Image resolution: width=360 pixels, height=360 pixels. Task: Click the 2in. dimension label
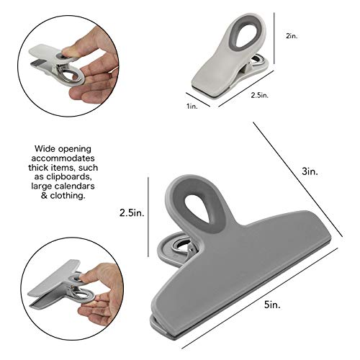(292, 36)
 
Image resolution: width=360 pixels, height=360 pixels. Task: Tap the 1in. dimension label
(192, 106)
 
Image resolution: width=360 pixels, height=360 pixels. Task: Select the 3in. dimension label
(310, 171)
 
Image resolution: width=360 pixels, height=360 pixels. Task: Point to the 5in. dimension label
(272, 305)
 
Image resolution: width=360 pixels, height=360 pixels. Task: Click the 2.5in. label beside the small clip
(260, 95)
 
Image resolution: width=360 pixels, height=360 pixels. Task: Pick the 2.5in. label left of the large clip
(132, 212)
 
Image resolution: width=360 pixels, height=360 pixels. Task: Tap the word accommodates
(63, 158)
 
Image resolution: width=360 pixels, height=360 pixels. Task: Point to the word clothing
(68, 195)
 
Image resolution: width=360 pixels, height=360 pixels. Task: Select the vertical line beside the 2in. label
(274, 38)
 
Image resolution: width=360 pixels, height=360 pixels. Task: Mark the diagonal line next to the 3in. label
(298, 179)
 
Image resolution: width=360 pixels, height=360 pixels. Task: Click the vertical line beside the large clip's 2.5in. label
(148, 217)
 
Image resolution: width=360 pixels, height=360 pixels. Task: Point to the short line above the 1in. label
(198, 99)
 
